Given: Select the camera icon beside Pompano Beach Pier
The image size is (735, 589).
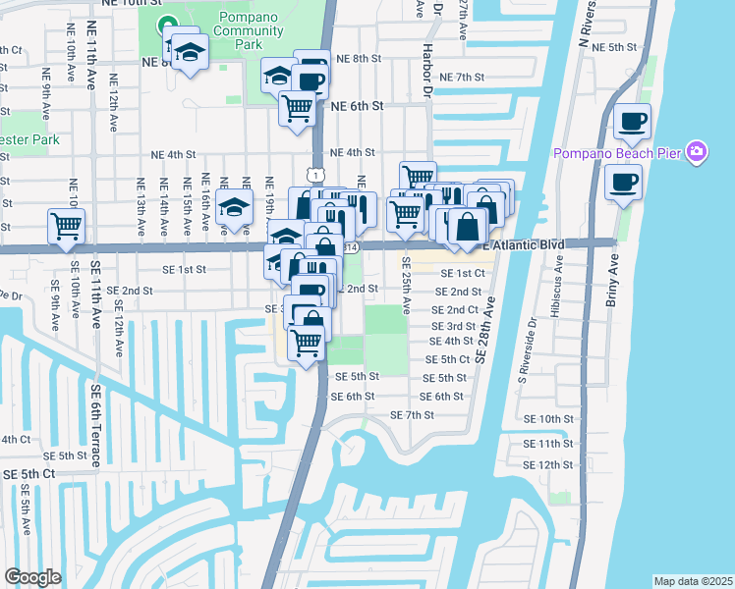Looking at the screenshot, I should [697, 151].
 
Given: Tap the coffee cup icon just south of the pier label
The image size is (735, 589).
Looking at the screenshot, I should [623, 182].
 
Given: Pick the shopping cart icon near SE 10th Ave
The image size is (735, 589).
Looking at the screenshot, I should [66, 226].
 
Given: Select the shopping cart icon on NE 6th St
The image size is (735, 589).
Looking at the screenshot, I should [297, 108].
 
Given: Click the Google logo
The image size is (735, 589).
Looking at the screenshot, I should [32, 576].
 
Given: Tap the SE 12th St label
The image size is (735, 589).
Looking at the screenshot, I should [547, 464].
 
